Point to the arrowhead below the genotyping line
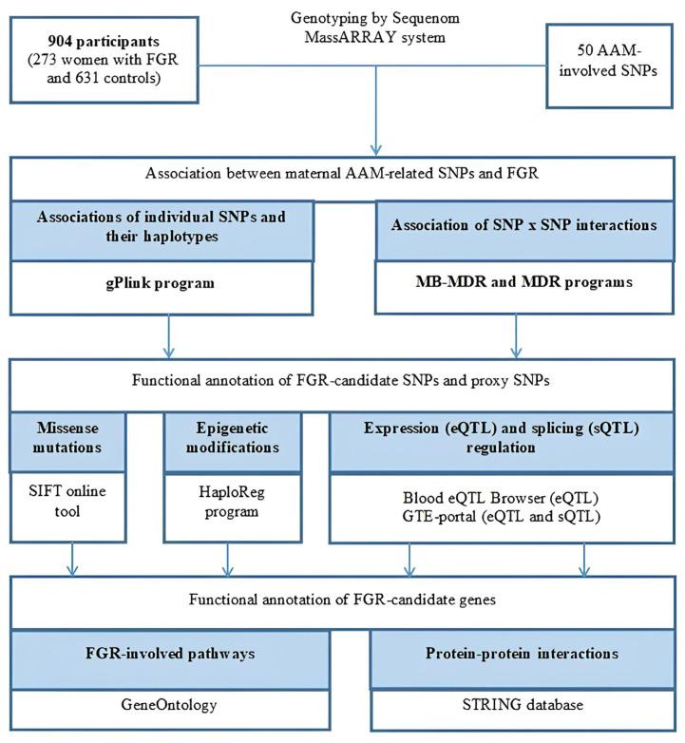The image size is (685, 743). click(x=377, y=147)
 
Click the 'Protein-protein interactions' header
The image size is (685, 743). click(x=523, y=654)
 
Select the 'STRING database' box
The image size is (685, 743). click(x=523, y=704)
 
